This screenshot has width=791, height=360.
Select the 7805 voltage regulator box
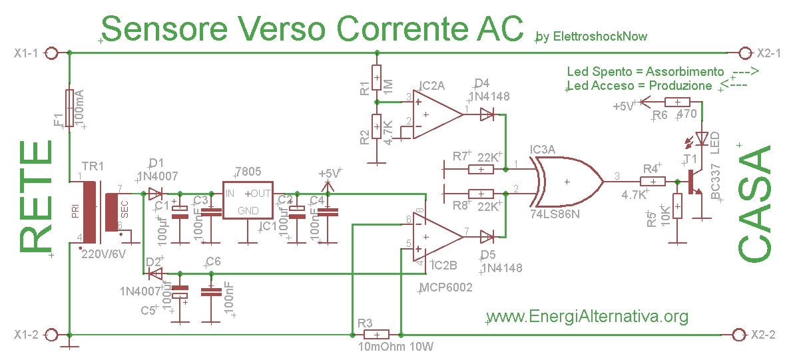[248, 200]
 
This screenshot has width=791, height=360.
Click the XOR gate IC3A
[566, 180]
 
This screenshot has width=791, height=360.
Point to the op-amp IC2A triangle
[436, 114]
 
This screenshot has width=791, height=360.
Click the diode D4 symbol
[487, 115]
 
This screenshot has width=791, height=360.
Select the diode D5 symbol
[487, 236]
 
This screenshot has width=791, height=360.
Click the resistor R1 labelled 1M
[376, 79]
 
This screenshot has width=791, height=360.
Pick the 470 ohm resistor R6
[678, 102]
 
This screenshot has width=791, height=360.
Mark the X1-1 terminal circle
[56, 53]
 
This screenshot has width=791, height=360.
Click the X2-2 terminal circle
[738, 334]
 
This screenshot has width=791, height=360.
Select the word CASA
[756, 205]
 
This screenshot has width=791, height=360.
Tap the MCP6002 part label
[445, 287]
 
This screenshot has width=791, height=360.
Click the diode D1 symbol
[155, 194]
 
